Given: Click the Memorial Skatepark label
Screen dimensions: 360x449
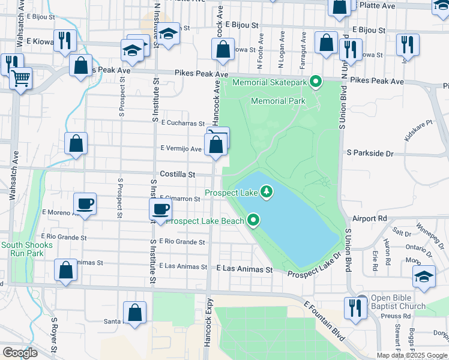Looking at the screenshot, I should pyautogui.click(x=270, y=82).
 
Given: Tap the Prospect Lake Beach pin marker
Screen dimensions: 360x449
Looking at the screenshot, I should pyautogui.click(x=254, y=221).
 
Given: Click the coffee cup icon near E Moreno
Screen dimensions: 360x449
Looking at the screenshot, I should pyautogui.click(x=85, y=203).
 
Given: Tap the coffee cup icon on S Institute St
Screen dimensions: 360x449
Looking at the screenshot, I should pyautogui.click(x=160, y=209).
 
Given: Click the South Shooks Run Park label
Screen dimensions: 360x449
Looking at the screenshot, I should pyautogui.click(x=26, y=249).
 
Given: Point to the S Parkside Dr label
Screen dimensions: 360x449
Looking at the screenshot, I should pyautogui.click(x=370, y=154).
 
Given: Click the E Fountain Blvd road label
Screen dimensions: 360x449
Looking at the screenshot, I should pyautogui.click(x=324, y=321).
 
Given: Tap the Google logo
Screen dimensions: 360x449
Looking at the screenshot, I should pyautogui.click(x=20, y=352).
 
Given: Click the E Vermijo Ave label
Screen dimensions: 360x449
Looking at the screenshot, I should pyautogui.click(x=181, y=149).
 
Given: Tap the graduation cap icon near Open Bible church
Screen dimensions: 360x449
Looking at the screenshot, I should pyautogui.click(x=424, y=276).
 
